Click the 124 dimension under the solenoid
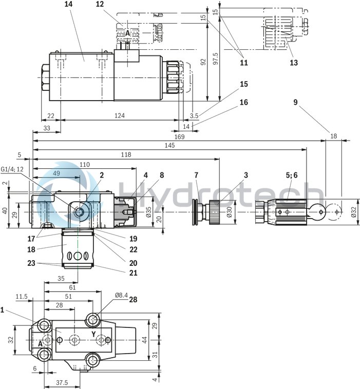(x=119, y=116)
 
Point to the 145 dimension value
(x=170, y=145)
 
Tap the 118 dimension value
(x=126, y=154)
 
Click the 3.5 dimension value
(x=194, y=116)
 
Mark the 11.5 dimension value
(x=21, y=296)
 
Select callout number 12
(x=99, y=4)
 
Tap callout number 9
(x=295, y=102)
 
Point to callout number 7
(x=196, y=175)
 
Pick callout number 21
(x=134, y=273)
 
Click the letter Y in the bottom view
(x=93, y=334)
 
